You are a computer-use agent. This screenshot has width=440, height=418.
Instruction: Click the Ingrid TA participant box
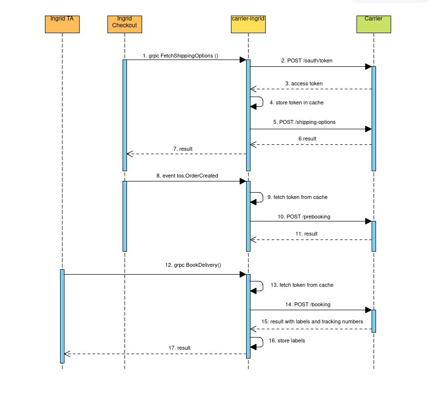tap(62, 25)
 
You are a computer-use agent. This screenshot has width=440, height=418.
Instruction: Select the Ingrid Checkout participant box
tap(125, 25)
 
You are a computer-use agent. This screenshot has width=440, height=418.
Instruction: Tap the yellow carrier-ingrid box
tap(248, 25)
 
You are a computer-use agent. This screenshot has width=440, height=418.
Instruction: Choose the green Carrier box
tap(374, 25)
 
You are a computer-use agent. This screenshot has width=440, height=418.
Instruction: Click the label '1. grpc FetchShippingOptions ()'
tap(180, 56)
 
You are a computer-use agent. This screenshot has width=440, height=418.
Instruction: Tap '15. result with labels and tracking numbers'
tap(312, 322)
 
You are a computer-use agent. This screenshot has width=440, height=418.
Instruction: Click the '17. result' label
tap(179, 348)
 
